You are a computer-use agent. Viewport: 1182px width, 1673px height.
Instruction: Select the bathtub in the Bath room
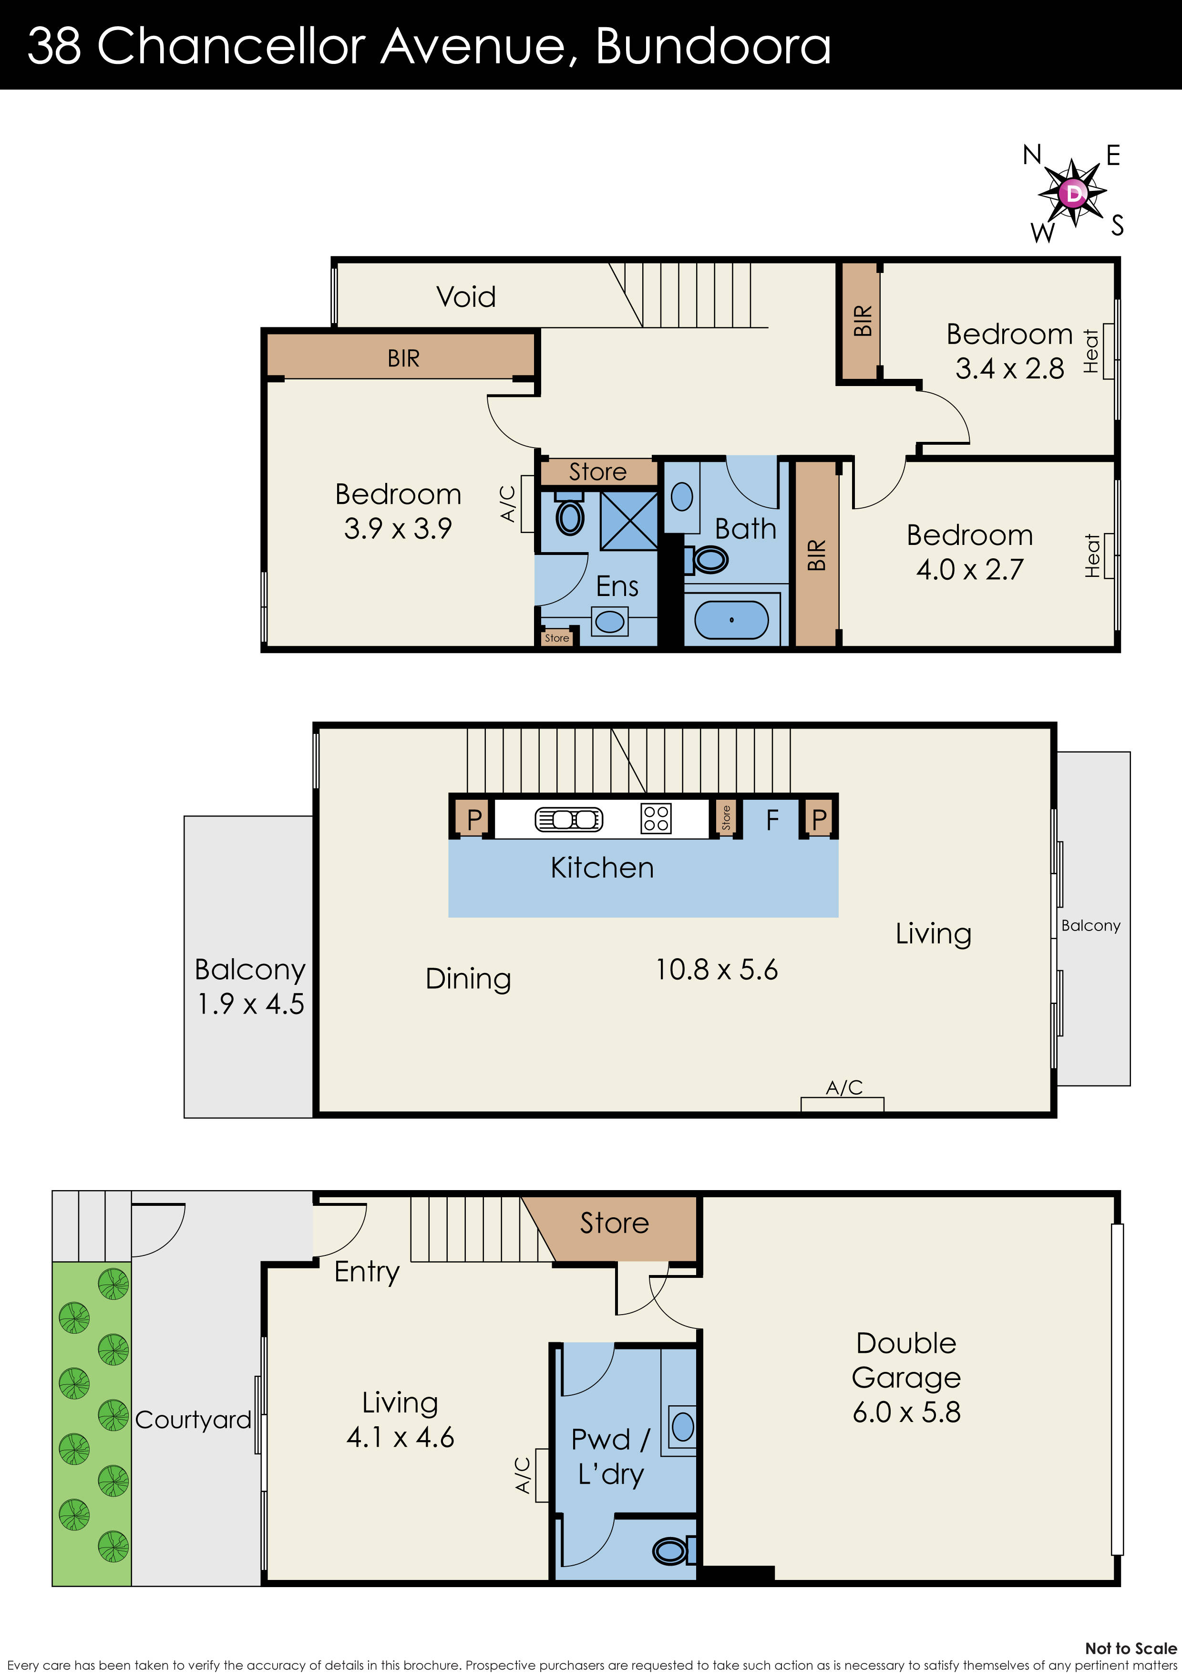click(731, 619)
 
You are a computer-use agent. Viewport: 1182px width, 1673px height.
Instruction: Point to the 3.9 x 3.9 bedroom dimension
click(398, 528)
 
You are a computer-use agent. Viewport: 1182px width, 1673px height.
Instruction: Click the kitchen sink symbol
click(569, 819)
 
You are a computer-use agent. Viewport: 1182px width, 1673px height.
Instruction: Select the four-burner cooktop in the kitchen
click(656, 818)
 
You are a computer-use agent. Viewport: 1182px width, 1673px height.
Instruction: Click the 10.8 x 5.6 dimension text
click(717, 970)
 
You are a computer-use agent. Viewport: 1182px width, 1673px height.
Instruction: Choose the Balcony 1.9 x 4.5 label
click(250, 987)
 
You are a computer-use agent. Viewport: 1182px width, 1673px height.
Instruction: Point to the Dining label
click(468, 979)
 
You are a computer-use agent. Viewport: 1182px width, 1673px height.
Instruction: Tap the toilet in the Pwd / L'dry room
click(671, 1550)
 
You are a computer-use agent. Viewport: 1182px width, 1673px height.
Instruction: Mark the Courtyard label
click(193, 1420)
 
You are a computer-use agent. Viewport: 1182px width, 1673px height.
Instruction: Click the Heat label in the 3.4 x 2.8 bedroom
click(1090, 351)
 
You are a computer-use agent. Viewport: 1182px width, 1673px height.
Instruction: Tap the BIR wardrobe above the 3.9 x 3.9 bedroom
click(403, 358)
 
